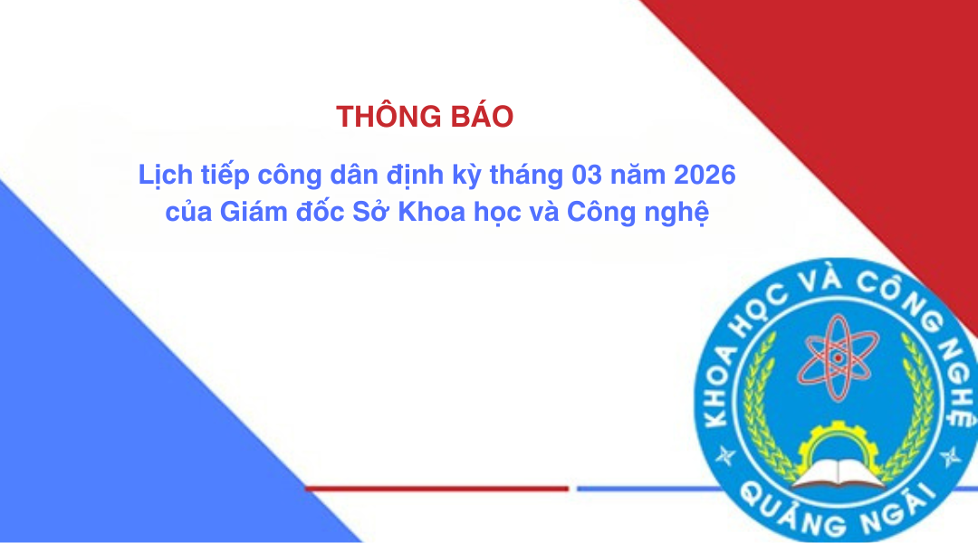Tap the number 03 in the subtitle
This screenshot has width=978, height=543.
587,175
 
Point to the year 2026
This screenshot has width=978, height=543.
705,175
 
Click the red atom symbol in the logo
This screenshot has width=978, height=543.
837,357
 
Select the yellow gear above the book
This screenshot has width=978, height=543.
839,443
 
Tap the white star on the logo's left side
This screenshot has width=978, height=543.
724,456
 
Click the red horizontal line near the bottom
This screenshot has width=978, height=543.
436,489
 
